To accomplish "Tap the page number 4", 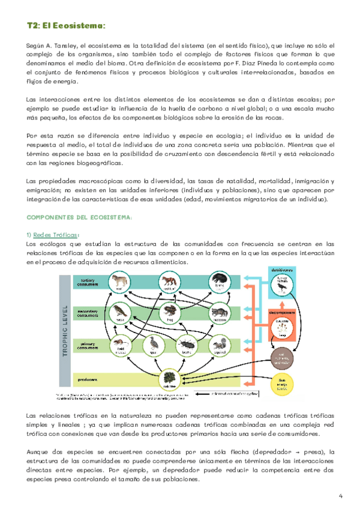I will coord(340,495).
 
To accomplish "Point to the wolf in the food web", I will coord(119,283).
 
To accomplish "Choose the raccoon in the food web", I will coord(220,313).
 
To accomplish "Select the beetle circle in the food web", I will coord(186,345).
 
